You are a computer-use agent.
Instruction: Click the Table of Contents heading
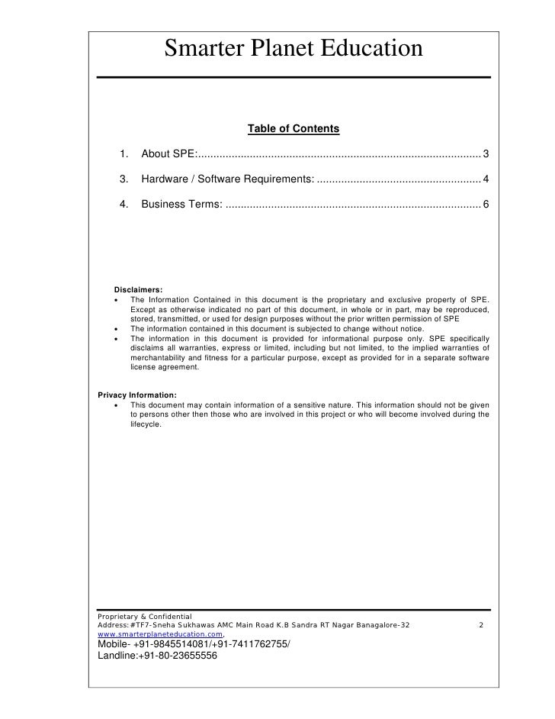(x=294, y=130)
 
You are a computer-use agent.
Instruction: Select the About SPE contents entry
(x=168, y=155)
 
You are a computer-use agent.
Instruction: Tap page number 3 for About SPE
(x=486, y=155)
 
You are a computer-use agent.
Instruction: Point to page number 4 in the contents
(x=486, y=179)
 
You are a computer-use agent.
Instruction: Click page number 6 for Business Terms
(x=486, y=205)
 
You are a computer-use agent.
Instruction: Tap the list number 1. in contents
(x=123, y=155)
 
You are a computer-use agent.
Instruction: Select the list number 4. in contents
(x=123, y=205)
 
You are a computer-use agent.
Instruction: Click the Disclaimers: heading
(x=138, y=289)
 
